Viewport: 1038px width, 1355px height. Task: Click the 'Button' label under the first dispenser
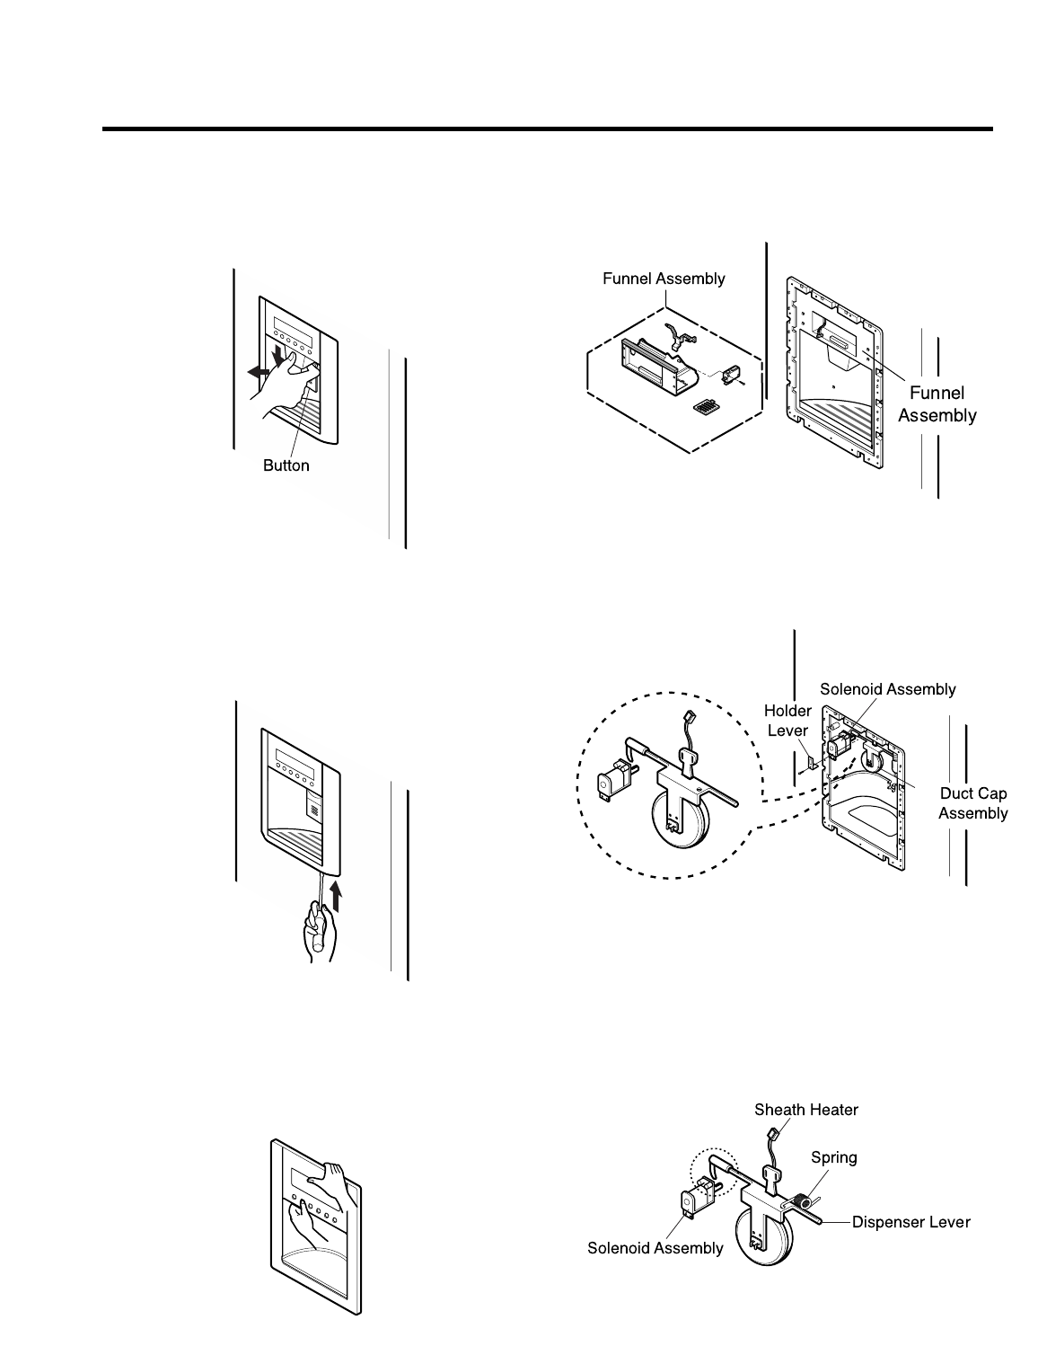coord(286,465)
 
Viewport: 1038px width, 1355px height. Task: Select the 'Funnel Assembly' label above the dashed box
coord(663,279)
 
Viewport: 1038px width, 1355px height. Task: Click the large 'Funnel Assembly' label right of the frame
coord(937,404)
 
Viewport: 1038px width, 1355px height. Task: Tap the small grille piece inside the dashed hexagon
coord(706,408)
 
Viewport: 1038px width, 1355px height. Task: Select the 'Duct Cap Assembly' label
coord(973,804)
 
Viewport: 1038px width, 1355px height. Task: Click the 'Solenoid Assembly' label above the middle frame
coord(888,689)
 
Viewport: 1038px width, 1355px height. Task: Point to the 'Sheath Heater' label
coord(805,1110)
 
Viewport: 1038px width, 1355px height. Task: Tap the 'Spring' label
coord(833,1157)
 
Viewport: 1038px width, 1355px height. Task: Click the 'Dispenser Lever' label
coord(910,1222)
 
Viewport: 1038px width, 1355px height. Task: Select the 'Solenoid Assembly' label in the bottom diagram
coord(655,1248)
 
